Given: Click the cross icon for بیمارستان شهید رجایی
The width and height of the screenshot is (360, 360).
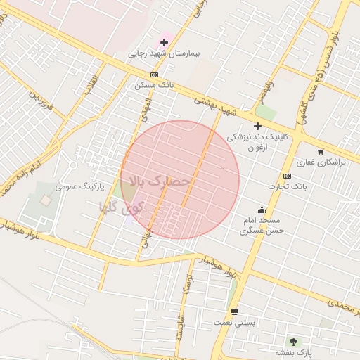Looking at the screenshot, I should (x=164, y=42).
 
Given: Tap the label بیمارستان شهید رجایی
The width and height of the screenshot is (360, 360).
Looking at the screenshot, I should (x=164, y=53).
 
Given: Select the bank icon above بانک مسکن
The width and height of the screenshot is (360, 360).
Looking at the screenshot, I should (x=154, y=75).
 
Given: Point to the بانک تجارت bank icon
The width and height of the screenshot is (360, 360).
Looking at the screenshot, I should (x=287, y=176).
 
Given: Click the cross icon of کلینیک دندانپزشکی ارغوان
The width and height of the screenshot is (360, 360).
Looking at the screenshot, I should (x=257, y=126).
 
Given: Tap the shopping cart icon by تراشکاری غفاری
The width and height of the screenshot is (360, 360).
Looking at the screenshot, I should (x=321, y=152).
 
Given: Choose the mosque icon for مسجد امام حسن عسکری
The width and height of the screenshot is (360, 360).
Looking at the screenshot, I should (x=262, y=209).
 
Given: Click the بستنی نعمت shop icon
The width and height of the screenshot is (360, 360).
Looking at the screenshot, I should (x=234, y=311).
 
